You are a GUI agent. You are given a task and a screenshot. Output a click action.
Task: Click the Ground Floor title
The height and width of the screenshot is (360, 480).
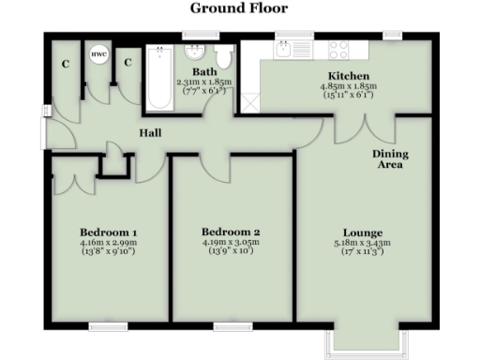[x=239, y=8]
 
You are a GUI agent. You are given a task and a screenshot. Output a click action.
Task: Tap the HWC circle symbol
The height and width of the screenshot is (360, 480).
[x=97, y=55]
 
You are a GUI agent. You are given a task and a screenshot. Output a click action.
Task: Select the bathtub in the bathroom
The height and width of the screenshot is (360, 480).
[x=157, y=81]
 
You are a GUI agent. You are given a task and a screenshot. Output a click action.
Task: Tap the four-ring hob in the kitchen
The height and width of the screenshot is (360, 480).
[x=338, y=50]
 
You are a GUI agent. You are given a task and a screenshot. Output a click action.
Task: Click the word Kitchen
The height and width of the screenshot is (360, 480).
[x=347, y=76]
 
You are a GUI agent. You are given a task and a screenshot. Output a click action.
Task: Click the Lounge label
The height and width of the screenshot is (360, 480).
[x=365, y=232]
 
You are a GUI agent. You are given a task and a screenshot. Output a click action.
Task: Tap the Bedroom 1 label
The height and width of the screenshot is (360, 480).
[x=108, y=232]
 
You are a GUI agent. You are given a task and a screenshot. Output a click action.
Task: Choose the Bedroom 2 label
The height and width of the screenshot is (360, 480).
[x=231, y=232]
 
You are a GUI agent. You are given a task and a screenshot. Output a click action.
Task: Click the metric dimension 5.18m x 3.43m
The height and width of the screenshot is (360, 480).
[x=365, y=243]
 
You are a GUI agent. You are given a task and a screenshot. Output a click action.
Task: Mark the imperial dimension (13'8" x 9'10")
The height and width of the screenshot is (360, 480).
[x=108, y=251]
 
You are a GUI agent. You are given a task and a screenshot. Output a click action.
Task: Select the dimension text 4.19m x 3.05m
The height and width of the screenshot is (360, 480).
[x=231, y=242]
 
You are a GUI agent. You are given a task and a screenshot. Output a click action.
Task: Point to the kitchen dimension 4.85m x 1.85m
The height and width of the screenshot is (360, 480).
[x=347, y=85]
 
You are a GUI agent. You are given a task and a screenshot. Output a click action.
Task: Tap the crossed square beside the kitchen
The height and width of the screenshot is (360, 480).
[x=248, y=100]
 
